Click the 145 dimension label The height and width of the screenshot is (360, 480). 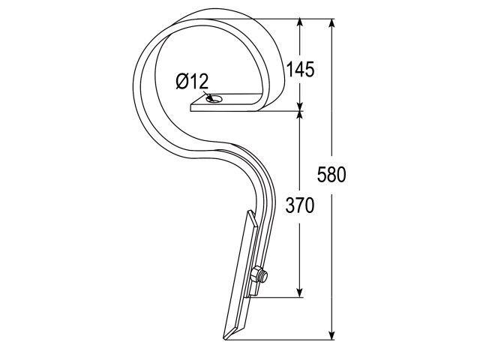point(300,69)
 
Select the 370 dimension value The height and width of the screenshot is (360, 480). point(300,205)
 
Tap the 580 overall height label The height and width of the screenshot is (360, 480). point(331,175)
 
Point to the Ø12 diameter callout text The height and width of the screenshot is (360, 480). point(192,82)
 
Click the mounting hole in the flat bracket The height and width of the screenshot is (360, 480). point(215,98)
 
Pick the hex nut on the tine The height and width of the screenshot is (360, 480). point(256,274)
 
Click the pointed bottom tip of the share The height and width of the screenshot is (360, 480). point(225,338)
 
